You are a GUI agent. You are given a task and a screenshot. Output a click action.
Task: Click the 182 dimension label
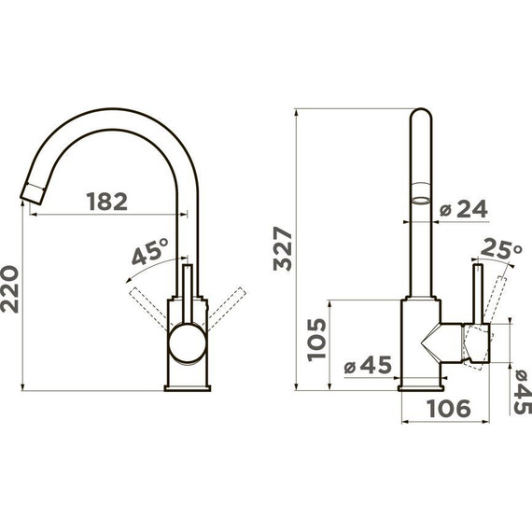[x=107, y=202]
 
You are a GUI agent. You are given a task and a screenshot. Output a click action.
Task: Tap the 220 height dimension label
[x=9, y=289]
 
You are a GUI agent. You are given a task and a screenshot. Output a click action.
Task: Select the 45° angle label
[x=150, y=251]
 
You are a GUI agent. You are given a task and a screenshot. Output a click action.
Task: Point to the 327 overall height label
[x=283, y=248]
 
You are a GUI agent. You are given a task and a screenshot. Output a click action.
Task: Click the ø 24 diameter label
[x=464, y=209]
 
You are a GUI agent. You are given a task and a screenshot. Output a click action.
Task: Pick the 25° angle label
[x=501, y=249]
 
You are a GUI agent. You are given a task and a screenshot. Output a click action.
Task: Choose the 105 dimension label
[x=316, y=340]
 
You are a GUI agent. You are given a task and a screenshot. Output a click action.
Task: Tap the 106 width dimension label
[x=449, y=408]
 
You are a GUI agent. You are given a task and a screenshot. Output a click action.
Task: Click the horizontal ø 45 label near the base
[x=368, y=365]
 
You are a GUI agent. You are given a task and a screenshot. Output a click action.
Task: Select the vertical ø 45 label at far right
[x=523, y=392]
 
